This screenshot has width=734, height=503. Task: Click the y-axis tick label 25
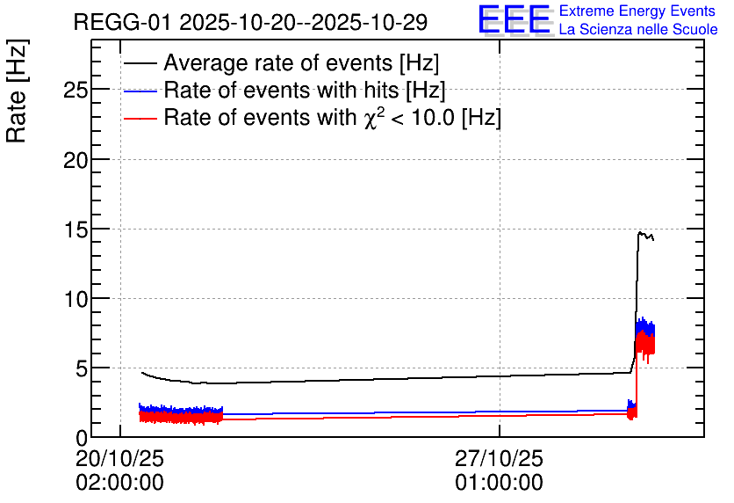click(x=76, y=90)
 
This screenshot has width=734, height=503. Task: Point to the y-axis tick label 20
click(x=76, y=161)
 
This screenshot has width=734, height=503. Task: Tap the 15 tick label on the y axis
click(x=76, y=230)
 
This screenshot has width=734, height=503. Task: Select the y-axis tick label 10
click(x=76, y=299)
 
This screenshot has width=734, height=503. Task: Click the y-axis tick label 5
click(x=82, y=369)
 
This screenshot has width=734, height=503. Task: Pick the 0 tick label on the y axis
click(x=82, y=438)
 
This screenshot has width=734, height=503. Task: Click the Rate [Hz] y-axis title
click(x=17, y=91)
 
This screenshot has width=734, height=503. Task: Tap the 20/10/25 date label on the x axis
click(x=119, y=458)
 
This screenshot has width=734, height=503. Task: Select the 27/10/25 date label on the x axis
click(x=499, y=458)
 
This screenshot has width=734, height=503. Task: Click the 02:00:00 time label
click(x=119, y=482)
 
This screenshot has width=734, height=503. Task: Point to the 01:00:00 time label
click(x=499, y=482)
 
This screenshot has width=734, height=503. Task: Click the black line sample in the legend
click(x=140, y=63)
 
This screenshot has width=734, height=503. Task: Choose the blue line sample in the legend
click(x=140, y=91)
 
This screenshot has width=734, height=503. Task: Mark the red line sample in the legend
click(x=140, y=118)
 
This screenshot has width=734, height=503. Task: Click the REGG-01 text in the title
click(x=123, y=23)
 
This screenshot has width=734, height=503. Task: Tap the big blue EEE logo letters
click(x=515, y=19)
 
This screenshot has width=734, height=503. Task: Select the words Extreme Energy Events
click(x=637, y=11)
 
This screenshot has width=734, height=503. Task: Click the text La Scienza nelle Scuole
click(x=638, y=30)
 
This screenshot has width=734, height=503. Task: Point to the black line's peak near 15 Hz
click(x=640, y=232)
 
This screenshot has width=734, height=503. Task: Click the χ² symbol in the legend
click(x=371, y=117)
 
